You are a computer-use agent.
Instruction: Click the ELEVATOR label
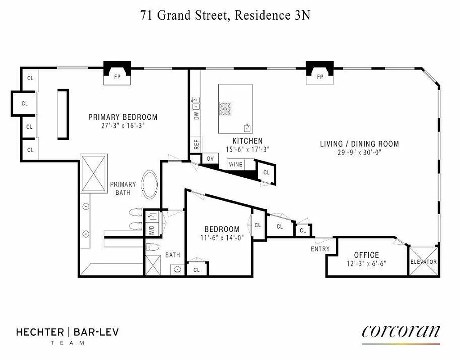coord(424,261)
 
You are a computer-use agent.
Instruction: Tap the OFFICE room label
coord(366,255)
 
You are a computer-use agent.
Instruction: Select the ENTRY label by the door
coord(320,249)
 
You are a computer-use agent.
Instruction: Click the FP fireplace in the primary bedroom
coord(117,77)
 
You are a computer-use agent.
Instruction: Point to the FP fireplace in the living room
coord(320,77)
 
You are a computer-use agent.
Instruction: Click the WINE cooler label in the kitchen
coord(235,165)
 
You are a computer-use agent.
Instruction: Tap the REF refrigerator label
coord(196,144)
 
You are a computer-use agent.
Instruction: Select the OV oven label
coord(210,159)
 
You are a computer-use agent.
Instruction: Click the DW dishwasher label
coord(196,116)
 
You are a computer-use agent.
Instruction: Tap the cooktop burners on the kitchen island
coord(225,108)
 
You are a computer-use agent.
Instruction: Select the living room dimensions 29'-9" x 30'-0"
coord(359,153)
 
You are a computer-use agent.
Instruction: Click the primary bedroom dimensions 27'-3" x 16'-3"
coord(123,126)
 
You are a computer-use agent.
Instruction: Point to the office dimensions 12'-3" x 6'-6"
coord(366,264)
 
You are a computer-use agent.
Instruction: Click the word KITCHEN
coord(247,141)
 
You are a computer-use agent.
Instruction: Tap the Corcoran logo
coord(401,332)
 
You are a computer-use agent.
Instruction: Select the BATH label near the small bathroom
coord(172,255)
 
